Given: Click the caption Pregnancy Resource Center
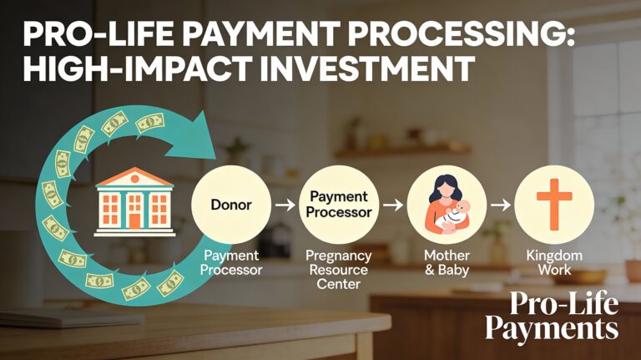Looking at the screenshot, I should (x=332, y=270).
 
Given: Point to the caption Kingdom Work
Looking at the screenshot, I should (x=554, y=262).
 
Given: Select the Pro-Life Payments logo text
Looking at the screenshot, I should (x=552, y=315).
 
